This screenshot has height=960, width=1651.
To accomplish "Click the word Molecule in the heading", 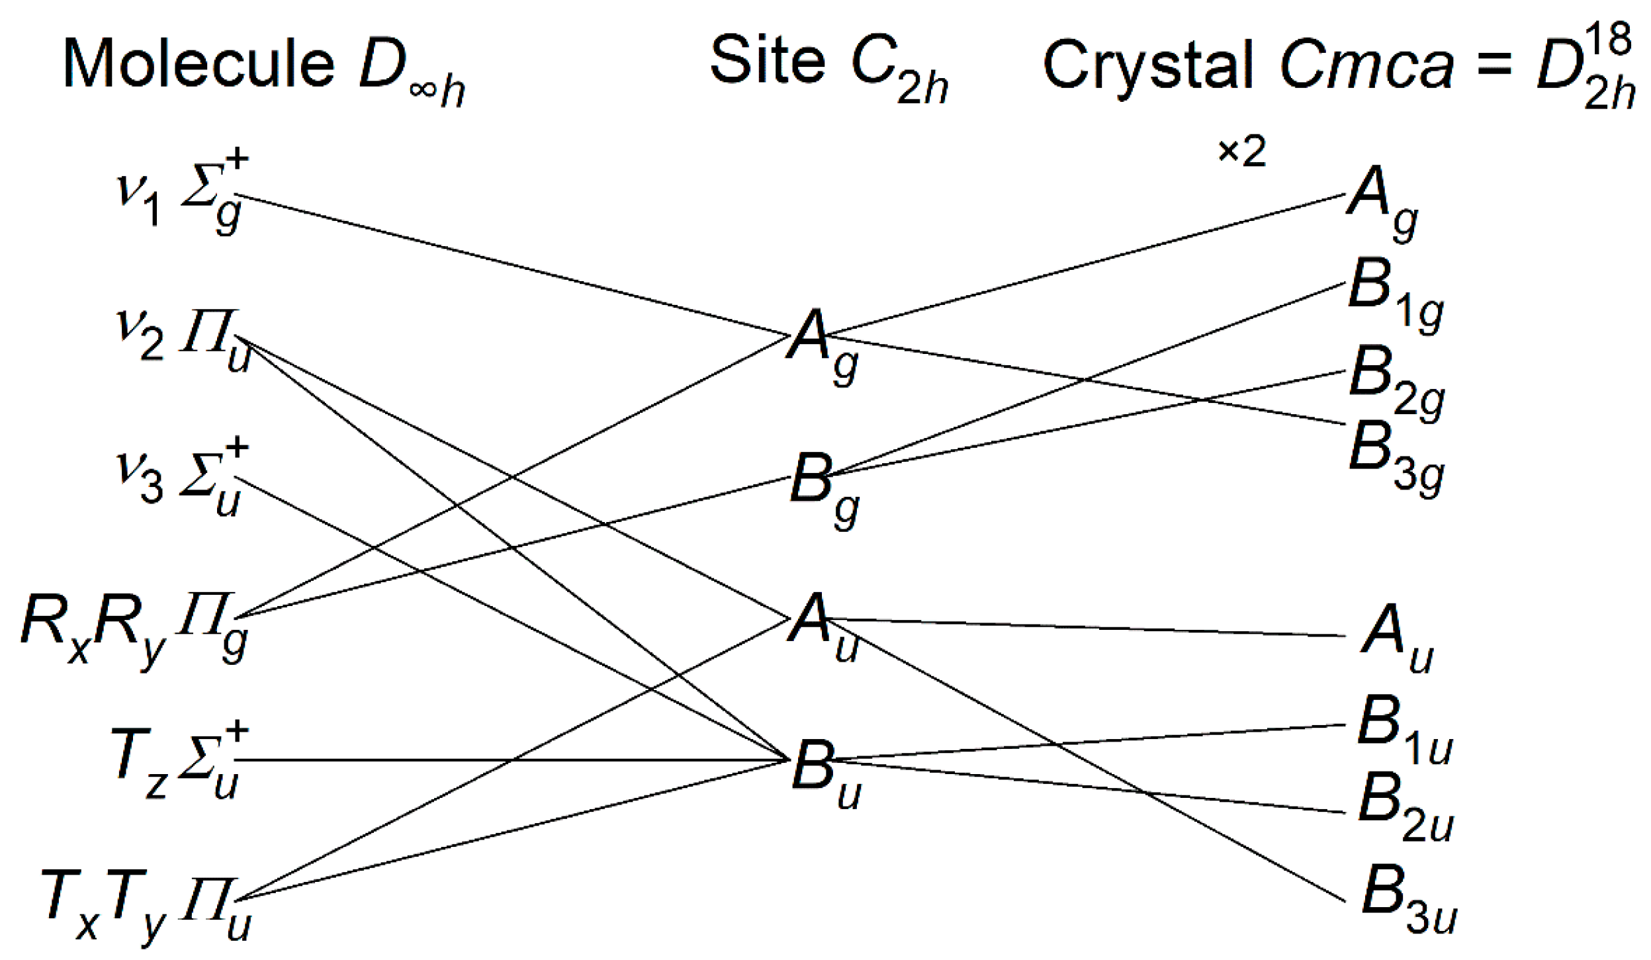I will (x=199, y=64).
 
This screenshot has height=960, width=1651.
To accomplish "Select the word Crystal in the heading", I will (x=1148, y=64).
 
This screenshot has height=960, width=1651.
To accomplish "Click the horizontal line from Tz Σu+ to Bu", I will (x=510, y=760).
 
